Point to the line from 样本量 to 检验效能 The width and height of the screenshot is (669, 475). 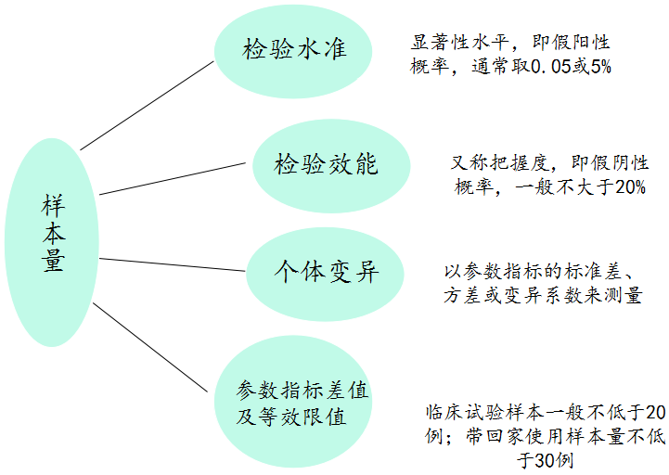click(x=176, y=178)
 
